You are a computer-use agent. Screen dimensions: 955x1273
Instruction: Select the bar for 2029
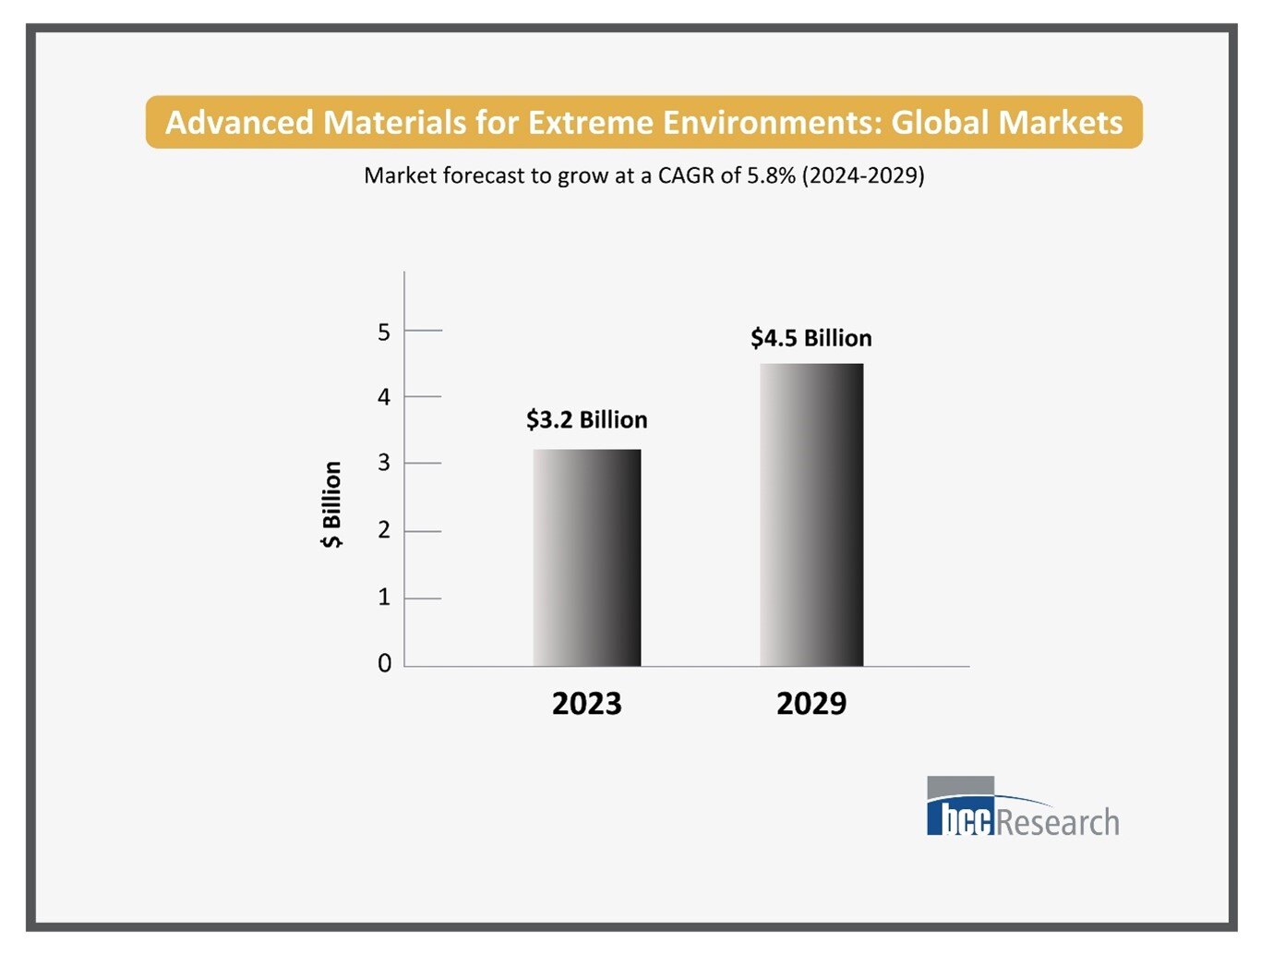[x=811, y=514]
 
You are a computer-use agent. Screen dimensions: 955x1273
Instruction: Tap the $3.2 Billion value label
[x=586, y=420]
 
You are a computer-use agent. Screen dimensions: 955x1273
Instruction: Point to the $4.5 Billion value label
[x=811, y=338]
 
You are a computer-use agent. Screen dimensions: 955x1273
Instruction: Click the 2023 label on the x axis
[x=586, y=704]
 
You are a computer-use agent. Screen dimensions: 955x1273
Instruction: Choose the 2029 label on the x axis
[x=811, y=704]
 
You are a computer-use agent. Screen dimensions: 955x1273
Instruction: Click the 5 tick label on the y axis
[x=384, y=332]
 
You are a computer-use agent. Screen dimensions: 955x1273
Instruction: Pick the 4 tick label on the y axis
[x=384, y=397]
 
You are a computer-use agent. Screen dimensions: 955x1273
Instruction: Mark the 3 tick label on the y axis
[x=384, y=463]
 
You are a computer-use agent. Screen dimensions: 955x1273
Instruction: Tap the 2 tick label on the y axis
[x=384, y=530]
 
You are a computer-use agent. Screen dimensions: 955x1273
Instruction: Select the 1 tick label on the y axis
[x=384, y=598]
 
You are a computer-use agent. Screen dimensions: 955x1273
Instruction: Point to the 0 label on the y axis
[x=384, y=663]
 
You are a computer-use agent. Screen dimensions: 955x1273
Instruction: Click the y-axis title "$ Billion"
[x=331, y=504]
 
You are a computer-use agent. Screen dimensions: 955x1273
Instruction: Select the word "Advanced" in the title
[x=239, y=122]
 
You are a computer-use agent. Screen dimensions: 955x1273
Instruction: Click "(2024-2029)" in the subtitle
[x=862, y=175]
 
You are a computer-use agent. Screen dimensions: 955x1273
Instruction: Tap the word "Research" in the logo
[x=1058, y=821]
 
